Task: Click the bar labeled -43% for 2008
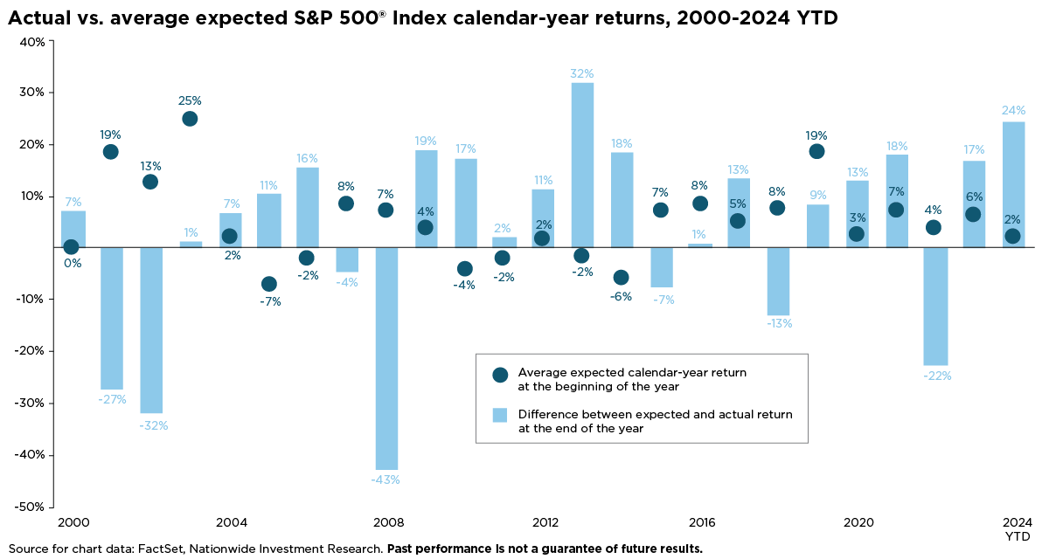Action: pyautogui.click(x=386, y=358)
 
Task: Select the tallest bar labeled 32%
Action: pyautogui.click(x=582, y=165)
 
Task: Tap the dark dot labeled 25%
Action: pyautogui.click(x=190, y=119)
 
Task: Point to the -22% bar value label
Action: pyautogui.click(x=937, y=376)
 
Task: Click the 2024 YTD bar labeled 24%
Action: pyautogui.click(x=1012, y=184)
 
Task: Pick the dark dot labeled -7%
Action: pyautogui.click(x=268, y=284)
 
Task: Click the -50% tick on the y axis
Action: pyautogui.click(x=31, y=507)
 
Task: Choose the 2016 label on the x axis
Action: pyautogui.click(x=702, y=522)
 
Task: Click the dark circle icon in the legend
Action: pyautogui.click(x=500, y=375)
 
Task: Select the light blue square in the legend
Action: pyautogui.click(x=500, y=415)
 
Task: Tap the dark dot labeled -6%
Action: pyautogui.click(x=621, y=277)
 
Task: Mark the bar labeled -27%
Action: pyautogui.click(x=112, y=318)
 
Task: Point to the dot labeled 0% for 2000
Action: pyautogui.click(x=71, y=247)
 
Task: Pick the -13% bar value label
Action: pyautogui.click(x=780, y=323)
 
